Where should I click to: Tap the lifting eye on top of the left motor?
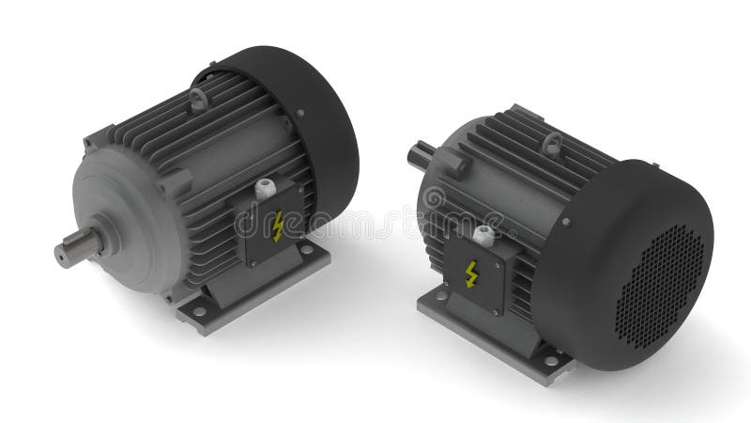[198, 97]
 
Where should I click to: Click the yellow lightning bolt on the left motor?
[278, 227]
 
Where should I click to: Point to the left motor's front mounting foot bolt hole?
[199, 310]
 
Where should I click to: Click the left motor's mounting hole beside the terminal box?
[306, 249]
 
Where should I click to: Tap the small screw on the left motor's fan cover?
[300, 114]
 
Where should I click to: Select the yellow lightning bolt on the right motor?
[471, 274]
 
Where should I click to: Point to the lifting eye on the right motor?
[552, 144]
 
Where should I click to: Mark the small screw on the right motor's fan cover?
[566, 223]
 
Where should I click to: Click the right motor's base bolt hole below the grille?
[551, 360]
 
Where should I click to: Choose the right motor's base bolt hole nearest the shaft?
[441, 295]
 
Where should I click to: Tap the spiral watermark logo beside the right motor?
[435, 198]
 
